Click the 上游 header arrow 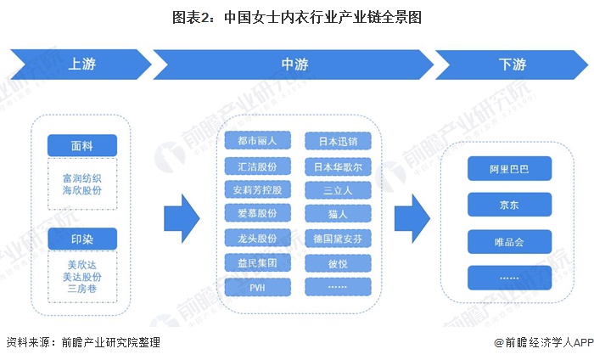click(81, 65)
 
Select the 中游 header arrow click(293, 65)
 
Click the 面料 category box click(82, 145)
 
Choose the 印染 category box click(82, 239)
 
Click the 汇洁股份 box click(258, 166)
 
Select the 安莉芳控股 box click(258, 189)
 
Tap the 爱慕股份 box click(258, 214)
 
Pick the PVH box click(258, 287)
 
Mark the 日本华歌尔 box click(338, 166)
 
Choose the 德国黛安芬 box click(338, 238)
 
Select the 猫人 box click(338, 214)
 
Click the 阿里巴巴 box click(509, 168)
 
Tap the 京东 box click(509, 205)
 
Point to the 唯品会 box click(509, 241)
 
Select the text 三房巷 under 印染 click(82, 290)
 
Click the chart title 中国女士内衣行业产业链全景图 click(297, 16)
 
